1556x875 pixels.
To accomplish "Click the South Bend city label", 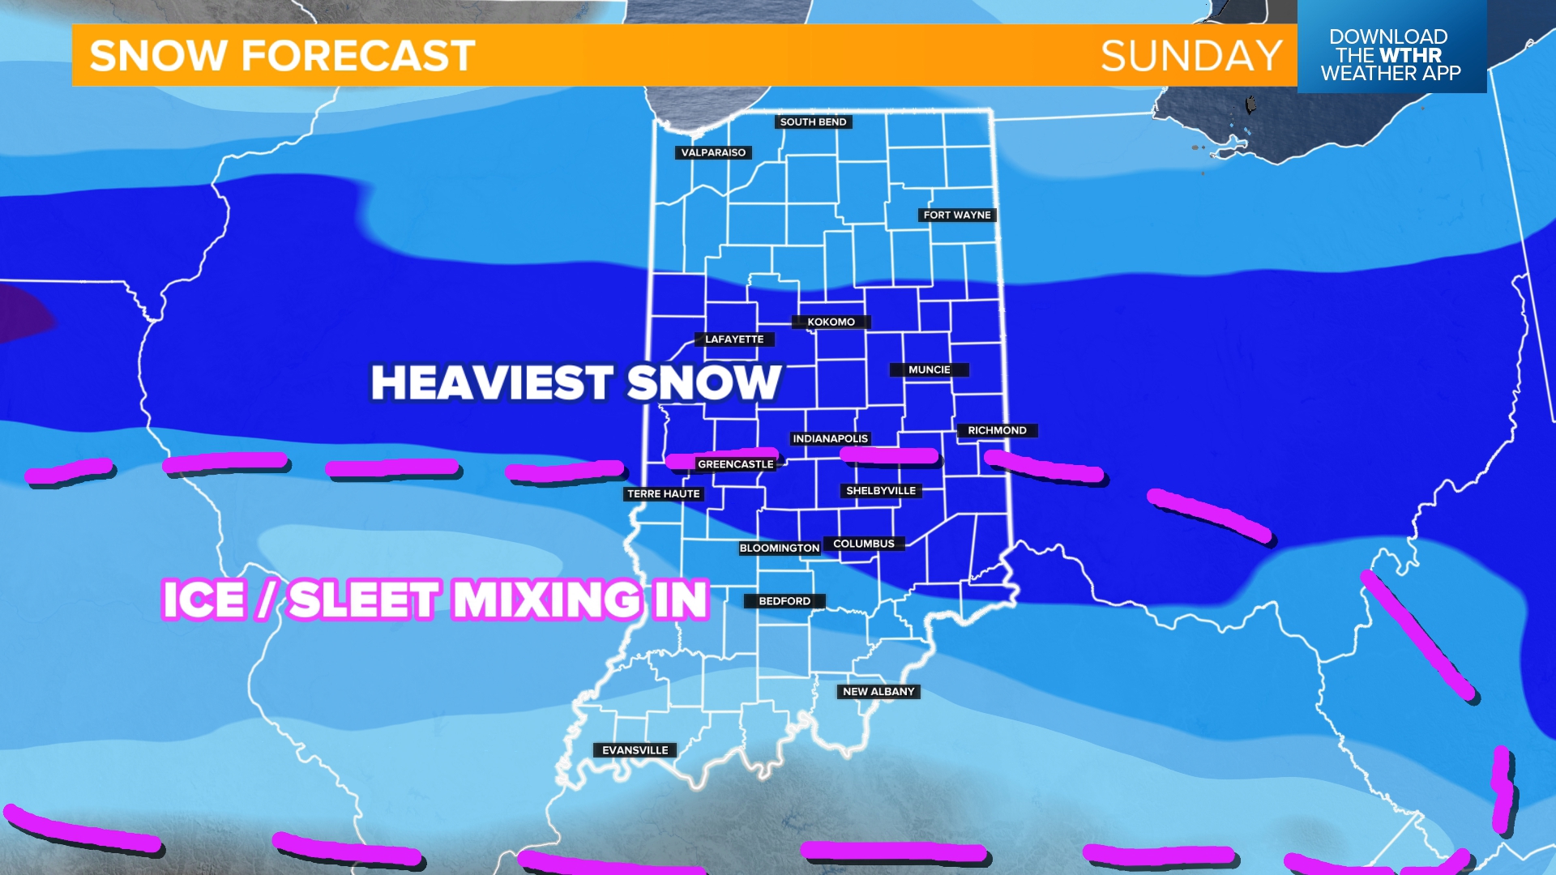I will coord(813,122).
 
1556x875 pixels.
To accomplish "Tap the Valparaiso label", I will coord(713,152).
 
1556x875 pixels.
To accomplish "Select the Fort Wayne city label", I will coord(957,215).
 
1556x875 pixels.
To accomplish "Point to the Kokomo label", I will coord(831,322).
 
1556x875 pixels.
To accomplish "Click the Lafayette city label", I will coord(734,339).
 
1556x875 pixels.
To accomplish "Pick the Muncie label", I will coord(929,369).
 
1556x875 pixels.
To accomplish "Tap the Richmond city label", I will coord(997,430).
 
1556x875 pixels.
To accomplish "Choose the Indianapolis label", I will coord(830,438).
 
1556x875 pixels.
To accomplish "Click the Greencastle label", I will coord(735,464).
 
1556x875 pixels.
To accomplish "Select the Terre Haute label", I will coord(663,493).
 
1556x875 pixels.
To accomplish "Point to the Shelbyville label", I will coord(880,490).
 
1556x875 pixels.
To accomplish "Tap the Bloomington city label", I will coord(779,548).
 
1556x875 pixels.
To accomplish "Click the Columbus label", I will coord(864,544).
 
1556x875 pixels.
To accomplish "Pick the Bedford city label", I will coord(784,601).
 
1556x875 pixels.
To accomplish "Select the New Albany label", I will coord(878,691).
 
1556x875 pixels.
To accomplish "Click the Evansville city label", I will coord(635,750).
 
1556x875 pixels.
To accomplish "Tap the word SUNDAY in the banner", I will coord(1191,56).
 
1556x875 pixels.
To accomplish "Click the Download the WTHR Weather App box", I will coord(1391,54).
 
